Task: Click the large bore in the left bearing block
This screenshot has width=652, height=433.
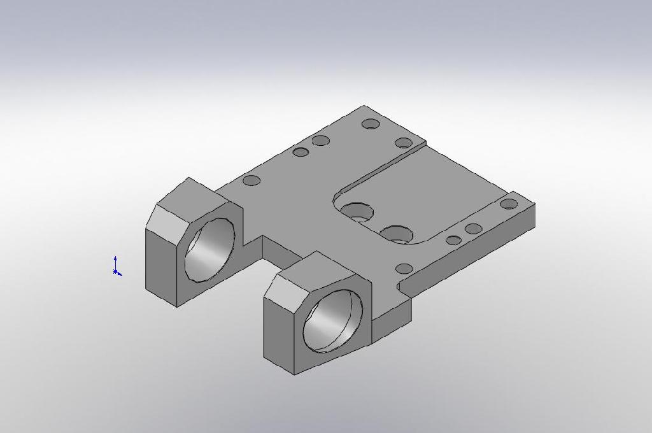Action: click(x=210, y=250)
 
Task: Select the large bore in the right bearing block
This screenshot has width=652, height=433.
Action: click(x=333, y=320)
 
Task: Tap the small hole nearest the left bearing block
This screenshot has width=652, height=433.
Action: click(x=252, y=180)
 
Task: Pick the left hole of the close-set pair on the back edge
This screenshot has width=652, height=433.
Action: click(x=301, y=152)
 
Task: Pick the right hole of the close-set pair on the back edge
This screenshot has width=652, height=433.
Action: click(x=320, y=141)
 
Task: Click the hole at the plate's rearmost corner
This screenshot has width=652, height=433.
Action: click(x=371, y=124)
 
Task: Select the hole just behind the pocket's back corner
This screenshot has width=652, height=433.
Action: click(x=404, y=143)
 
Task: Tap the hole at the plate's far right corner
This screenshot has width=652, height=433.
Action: click(x=509, y=204)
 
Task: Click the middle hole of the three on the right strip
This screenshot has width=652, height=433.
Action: click(x=473, y=229)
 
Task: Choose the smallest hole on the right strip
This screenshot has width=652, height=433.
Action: click(x=453, y=240)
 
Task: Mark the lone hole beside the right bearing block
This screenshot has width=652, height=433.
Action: click(x=404, y=269)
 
